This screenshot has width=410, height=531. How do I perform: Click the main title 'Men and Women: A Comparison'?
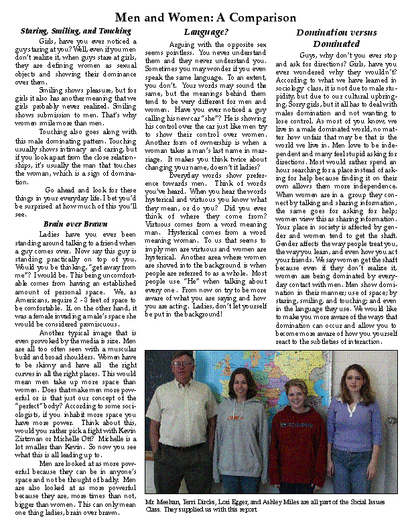(x=205, y=17)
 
